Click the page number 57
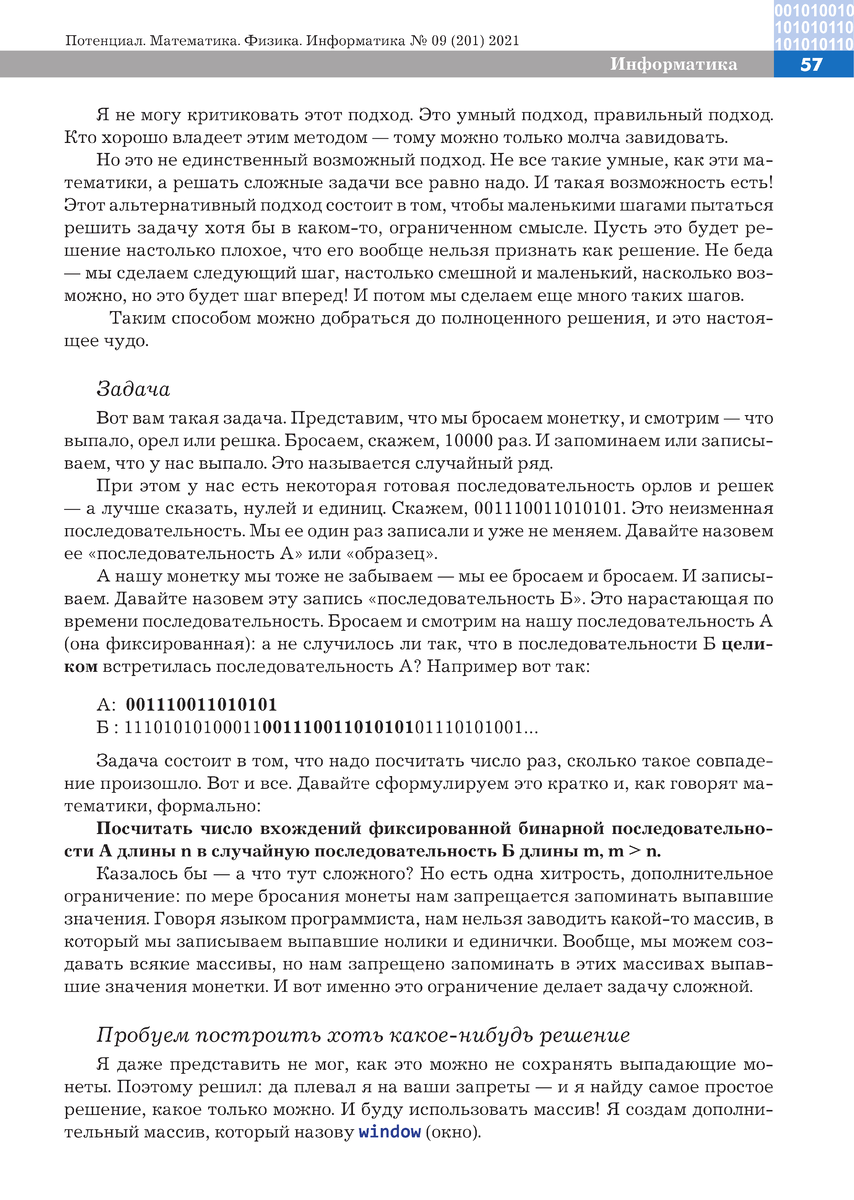811,65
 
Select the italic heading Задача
133,389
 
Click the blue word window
389,1133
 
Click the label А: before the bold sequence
106,703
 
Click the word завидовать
678,136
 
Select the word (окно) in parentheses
452,1133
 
